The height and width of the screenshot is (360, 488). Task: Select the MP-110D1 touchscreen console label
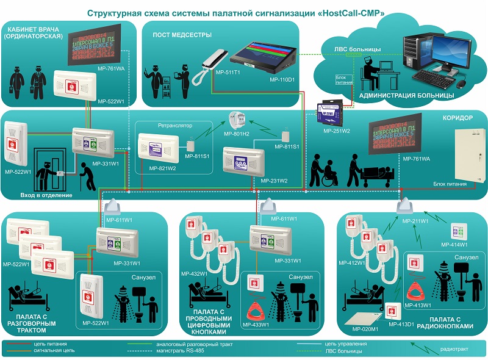tap(282, 79)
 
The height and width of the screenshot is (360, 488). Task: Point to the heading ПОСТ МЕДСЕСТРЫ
tap(177, 35)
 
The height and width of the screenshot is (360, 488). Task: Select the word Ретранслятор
tap(174, 125)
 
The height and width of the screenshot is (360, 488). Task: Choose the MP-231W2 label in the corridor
tap(274, 181)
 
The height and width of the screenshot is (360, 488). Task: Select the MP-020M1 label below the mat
tap(362, 327)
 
